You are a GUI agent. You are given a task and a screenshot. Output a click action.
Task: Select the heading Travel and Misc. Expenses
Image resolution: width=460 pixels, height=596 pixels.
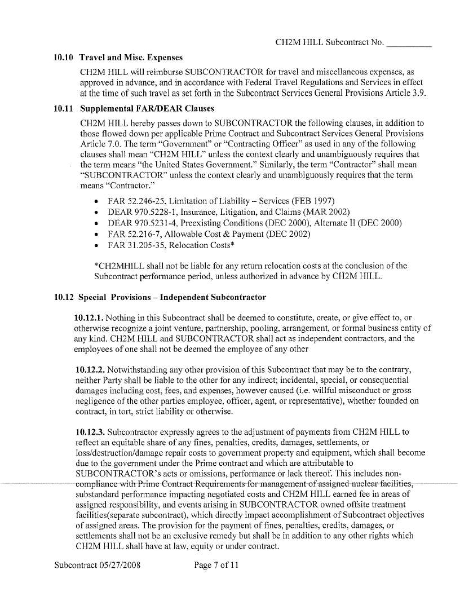coord(131,58)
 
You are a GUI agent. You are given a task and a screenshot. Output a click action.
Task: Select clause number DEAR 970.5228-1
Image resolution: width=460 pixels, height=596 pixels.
coord(147,213)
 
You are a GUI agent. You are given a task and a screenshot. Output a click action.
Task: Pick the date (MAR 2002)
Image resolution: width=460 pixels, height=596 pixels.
coord(330,213)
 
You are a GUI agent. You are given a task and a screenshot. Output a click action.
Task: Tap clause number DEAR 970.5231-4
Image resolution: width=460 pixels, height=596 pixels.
coord(147,223)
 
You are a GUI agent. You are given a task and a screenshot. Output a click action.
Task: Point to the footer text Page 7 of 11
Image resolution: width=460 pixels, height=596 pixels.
coord(216,565)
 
